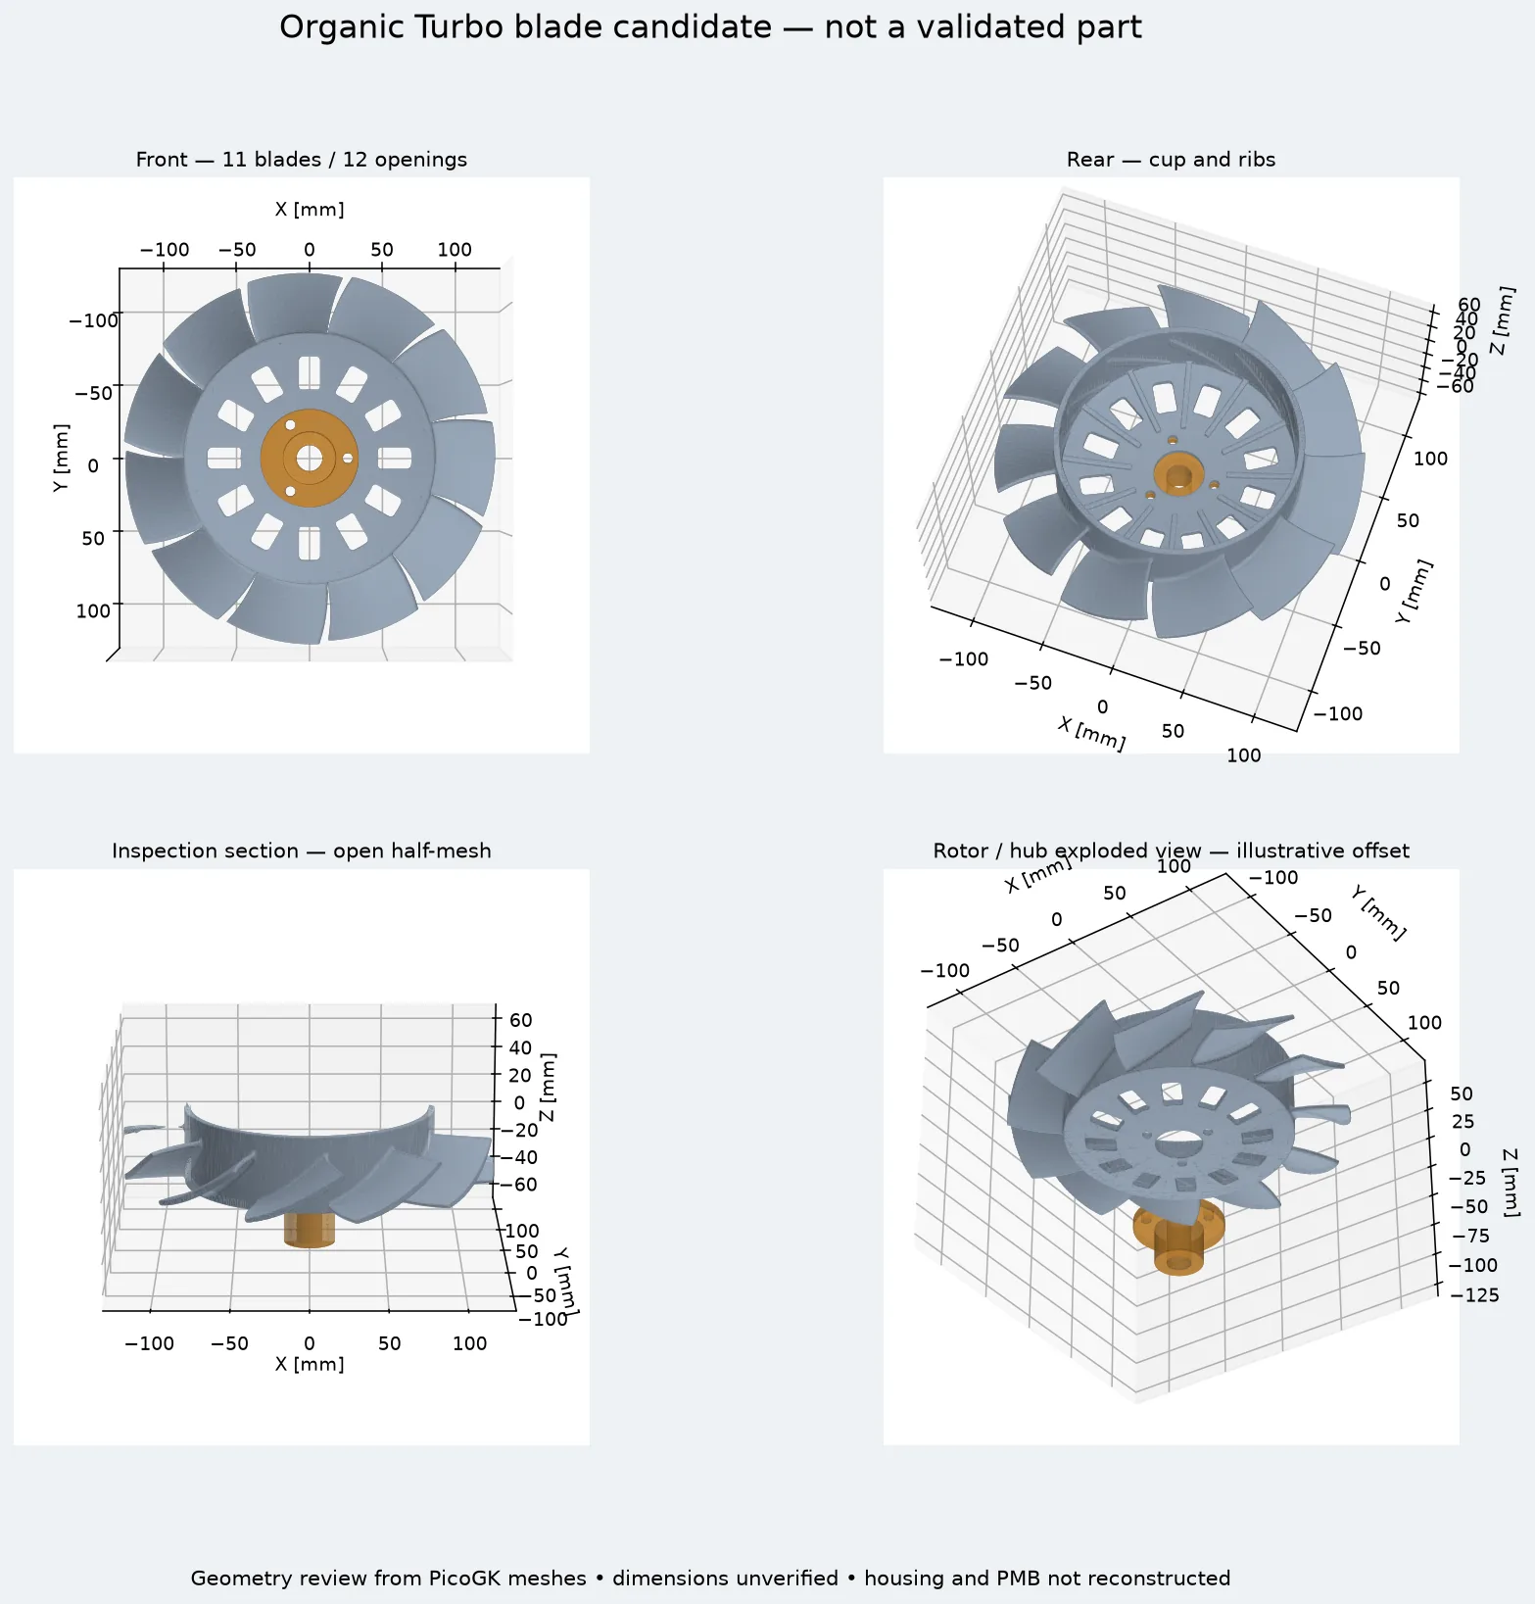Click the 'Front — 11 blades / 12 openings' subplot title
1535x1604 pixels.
[x=302, y=160]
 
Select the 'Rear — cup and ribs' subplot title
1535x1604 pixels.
[x=1171, y=160]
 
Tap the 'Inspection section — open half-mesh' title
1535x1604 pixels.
[x=302, y=851]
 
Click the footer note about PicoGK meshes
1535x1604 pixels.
[x=710, y=1578]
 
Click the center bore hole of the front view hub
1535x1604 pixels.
[x=310, y=458]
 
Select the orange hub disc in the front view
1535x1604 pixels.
[x=310, y=458]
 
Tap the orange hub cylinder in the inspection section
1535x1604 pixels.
[x=310, y=1231]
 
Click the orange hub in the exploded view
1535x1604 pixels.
[x=1178, y=1239]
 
